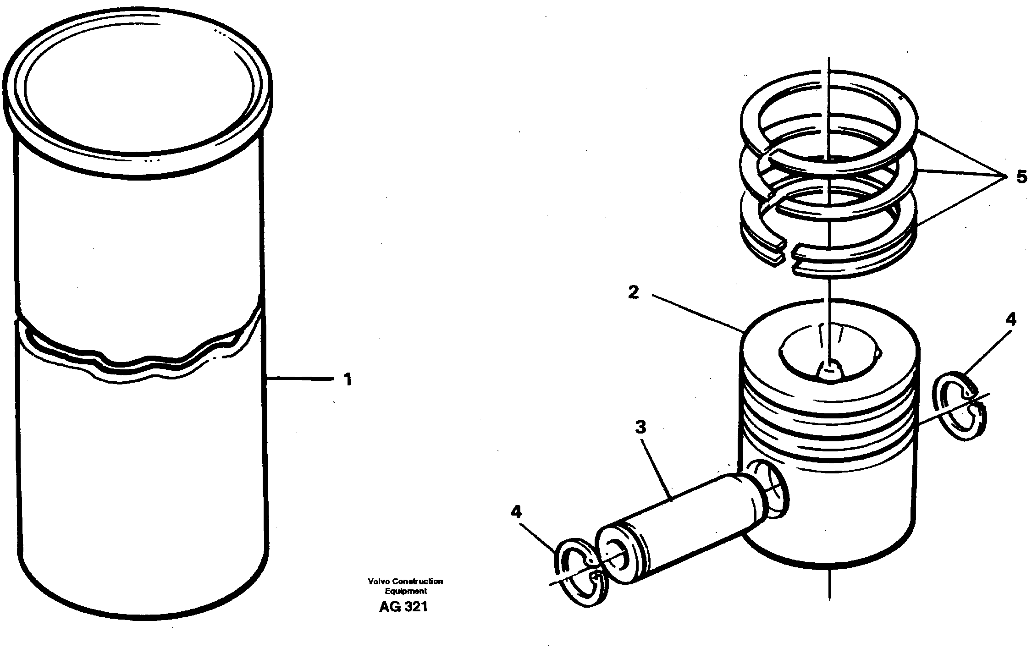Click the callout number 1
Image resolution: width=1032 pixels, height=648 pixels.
348,379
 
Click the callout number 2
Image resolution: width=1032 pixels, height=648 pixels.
633,292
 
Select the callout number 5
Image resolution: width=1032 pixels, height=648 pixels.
1021,177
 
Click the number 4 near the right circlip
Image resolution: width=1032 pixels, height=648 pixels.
1011,319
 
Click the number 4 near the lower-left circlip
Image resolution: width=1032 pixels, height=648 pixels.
516,512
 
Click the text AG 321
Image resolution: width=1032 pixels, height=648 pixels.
403,607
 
